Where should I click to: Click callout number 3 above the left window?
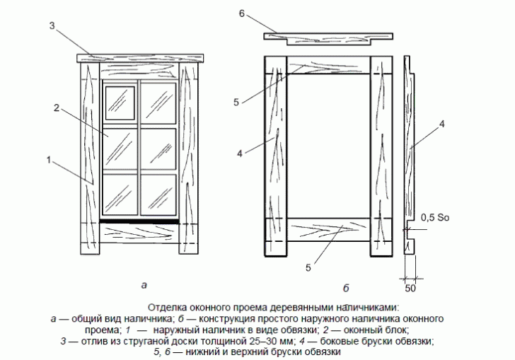point(52,25)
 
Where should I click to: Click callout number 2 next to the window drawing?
point(57,108)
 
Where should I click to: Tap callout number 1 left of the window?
point(49,160)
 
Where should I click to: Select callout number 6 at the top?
point(242,14)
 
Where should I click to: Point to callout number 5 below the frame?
point(308,268)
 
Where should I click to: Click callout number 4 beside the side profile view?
point(441,124)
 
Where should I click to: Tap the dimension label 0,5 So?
point(435,217)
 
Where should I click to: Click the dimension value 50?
point(410,289)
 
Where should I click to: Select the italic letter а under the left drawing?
point(144,285)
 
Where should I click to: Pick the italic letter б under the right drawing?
point(346,288)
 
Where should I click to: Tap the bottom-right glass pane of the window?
point(158,194)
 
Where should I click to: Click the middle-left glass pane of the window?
point(120,149)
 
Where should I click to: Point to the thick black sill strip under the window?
point(139,221)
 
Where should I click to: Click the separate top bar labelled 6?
point(328,37)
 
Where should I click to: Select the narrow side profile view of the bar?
point(409,154)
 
